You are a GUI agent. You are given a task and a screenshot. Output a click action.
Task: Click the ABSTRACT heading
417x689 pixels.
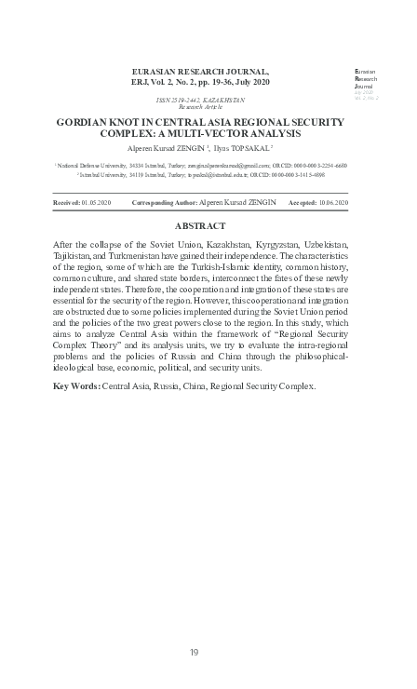[x=199, y=226]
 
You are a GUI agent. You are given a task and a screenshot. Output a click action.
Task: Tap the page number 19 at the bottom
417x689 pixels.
[x=195, y=652]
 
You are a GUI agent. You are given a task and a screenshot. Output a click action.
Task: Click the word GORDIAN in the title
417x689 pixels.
[x=83, y=121]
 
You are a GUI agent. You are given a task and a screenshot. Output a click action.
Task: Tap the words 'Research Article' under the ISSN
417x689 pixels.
[x=199, y=107]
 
